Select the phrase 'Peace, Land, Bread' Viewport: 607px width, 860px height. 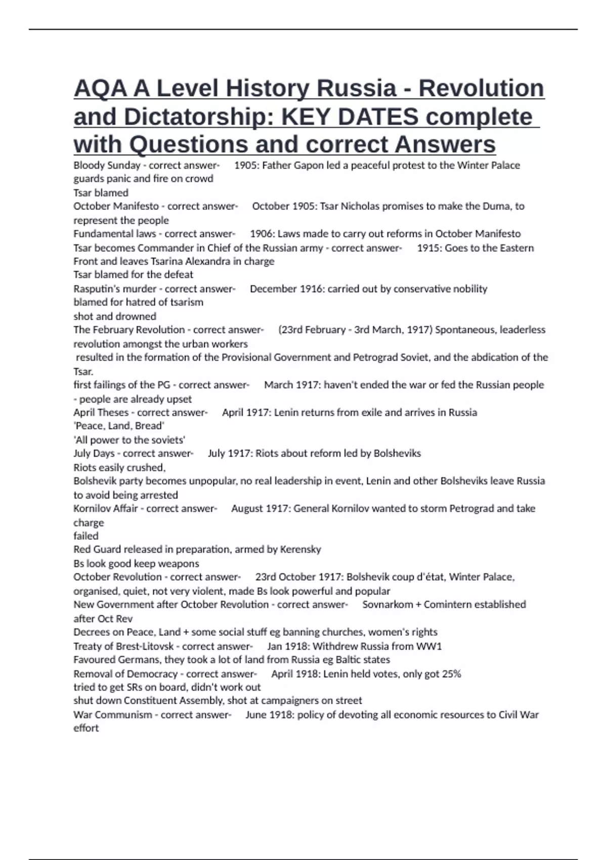pyautogui.click(x=119, y=426)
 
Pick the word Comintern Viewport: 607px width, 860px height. pyautogui.click(x=450, y=605)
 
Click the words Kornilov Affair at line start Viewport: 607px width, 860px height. pyautogui.click(x=105, y=508)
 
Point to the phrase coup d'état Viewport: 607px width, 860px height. pyautogui.click(x=418, y=577)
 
